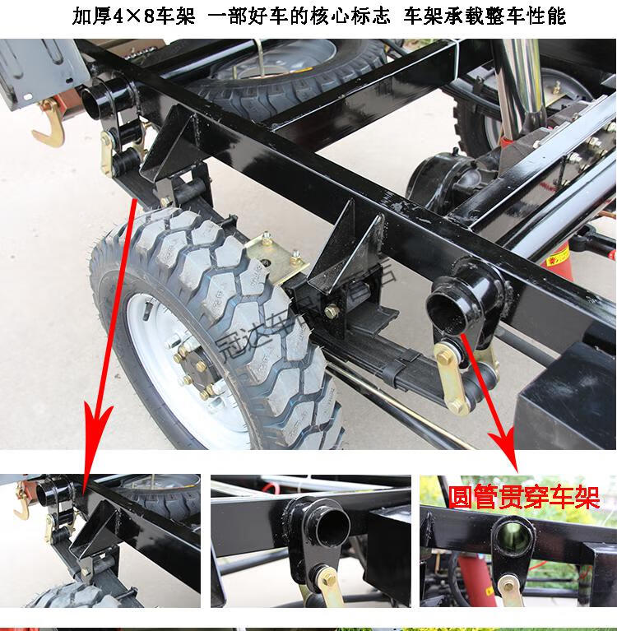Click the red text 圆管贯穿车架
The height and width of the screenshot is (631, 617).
click(523, 498)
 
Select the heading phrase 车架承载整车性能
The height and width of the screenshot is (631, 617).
click(485, 16)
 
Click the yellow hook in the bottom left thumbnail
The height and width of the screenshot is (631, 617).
click(21, 506)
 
